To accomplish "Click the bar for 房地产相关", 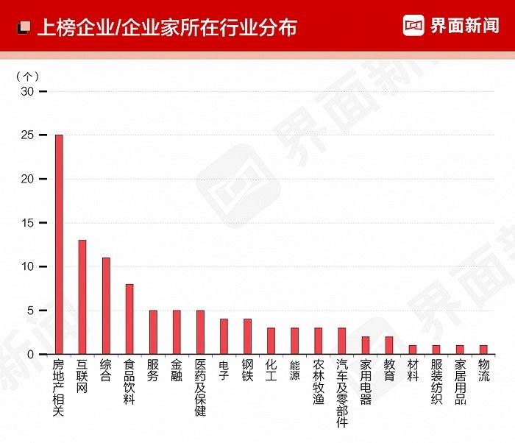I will point(59,244).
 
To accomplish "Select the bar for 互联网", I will point(82,297).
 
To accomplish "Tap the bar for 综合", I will point(106,305).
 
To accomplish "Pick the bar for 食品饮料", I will point(129,319).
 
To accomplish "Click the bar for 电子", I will point(224,336).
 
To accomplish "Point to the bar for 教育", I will point(389,345).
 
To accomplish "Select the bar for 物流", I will point(483,350).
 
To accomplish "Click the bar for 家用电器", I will point(366,345).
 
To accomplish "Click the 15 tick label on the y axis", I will point(28,223).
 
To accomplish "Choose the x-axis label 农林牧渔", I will point(319,382).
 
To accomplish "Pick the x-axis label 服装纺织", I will point(436,382).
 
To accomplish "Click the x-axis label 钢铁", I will point(247,370).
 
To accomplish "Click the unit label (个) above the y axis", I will point(27,76).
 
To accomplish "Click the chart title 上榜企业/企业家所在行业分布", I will point(166,28).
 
